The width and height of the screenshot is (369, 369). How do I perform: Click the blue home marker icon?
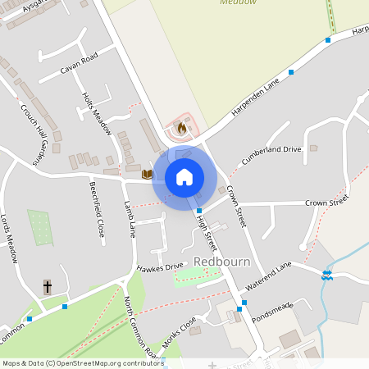tap(184, 176)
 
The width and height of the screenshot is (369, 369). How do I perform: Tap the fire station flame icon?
tap(181, 128)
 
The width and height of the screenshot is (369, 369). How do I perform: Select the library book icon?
tap(148, 174)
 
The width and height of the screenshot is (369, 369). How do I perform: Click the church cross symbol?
tap(48, 287)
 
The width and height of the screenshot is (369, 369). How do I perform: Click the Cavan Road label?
tap(79, 62)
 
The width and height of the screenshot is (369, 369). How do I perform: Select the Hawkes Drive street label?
tap(160, 267)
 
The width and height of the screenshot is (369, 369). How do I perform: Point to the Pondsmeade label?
tap(272, 316)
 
